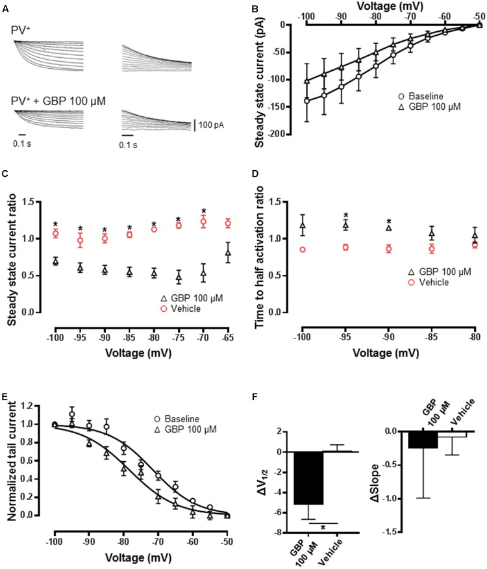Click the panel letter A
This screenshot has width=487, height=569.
(x=8, y=7)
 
